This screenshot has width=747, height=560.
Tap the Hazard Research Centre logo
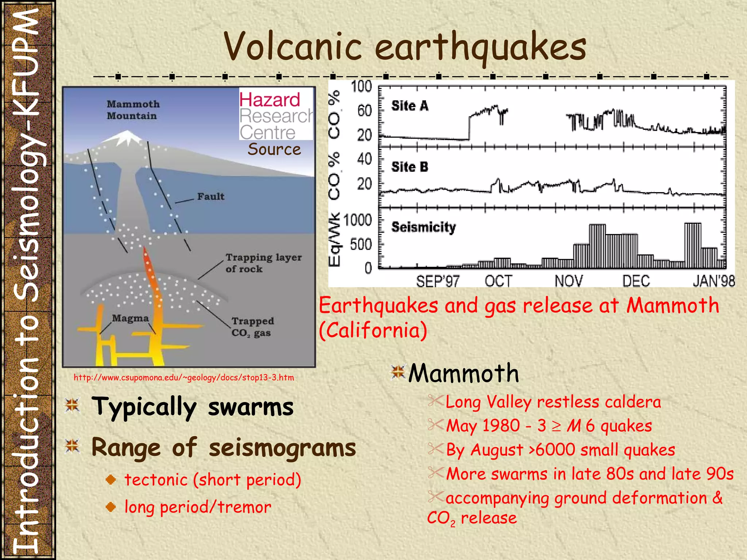(x=276, y=115)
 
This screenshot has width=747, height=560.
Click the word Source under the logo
(x=274, y=149)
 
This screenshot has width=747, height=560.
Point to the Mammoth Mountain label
(x=133, y=110)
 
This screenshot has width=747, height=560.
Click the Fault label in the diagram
(x=210, y=197)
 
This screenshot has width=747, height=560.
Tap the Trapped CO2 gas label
(x=252, y=327)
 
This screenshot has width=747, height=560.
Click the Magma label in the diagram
(x=130, y=318)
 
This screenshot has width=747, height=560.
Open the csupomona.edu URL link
(x=184, y=377)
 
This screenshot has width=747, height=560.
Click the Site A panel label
(x=409, y=106)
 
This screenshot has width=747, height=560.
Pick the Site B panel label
(x=409, y=167)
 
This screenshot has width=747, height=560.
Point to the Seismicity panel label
(x=423, y=227)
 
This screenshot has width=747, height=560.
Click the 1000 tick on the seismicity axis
(x=357, y=220)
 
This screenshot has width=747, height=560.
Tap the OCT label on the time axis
(x=498, y=281)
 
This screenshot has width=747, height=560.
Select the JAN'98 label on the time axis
(x=713, y=281)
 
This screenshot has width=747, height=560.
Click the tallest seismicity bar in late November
(x=597, y=246)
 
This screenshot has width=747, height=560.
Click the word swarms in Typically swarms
(x=251, y=407)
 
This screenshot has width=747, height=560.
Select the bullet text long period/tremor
(x=198, y=507)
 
